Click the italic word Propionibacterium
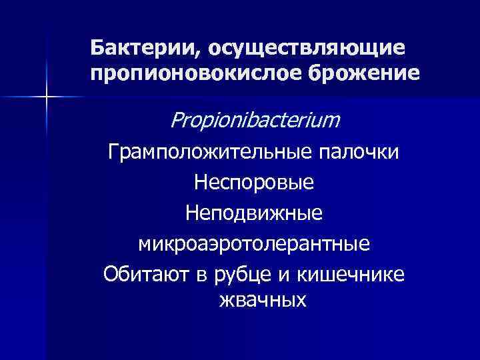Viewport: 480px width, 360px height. coord(255,120)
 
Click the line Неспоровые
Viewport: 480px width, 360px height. coord(255,181)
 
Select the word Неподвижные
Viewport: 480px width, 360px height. coord(255,213)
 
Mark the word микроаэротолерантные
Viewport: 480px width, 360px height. coord(255,243)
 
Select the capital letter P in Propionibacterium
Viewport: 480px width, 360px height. coord(177,120)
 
